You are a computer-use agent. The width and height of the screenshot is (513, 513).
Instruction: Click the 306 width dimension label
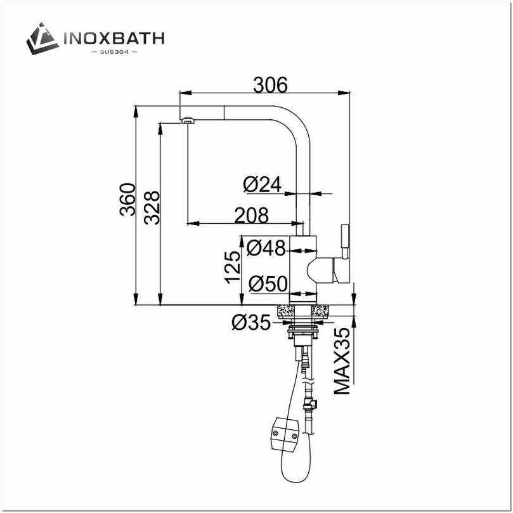(x=270, y=84)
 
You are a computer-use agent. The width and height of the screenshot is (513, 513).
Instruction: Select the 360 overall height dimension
(x=128, y=198)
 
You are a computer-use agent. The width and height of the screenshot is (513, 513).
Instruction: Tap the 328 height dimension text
(x=152, y=207)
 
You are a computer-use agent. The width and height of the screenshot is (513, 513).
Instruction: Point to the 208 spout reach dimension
(x=251, y=216)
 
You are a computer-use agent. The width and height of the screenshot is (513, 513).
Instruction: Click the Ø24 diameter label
(x=262, y=184)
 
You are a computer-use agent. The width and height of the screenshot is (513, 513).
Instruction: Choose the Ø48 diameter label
(x=266, y=247)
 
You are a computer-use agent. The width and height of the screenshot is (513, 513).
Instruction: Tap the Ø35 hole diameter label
(x=250, y=323)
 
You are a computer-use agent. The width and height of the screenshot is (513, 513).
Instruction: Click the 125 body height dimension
(x=232, y=266)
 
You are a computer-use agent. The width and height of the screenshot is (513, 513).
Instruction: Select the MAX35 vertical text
(x=342, y=361)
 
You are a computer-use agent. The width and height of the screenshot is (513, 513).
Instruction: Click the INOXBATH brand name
(x=114, y=38)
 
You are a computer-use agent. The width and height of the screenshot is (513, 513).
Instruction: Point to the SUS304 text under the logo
(x=114, y=51)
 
